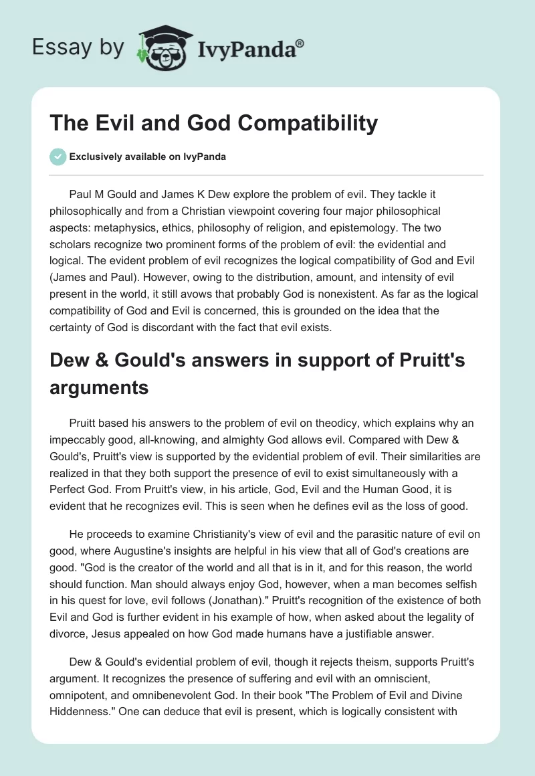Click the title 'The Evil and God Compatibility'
click(x=214, y=123)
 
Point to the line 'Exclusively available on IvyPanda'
click(x=147, y=157)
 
